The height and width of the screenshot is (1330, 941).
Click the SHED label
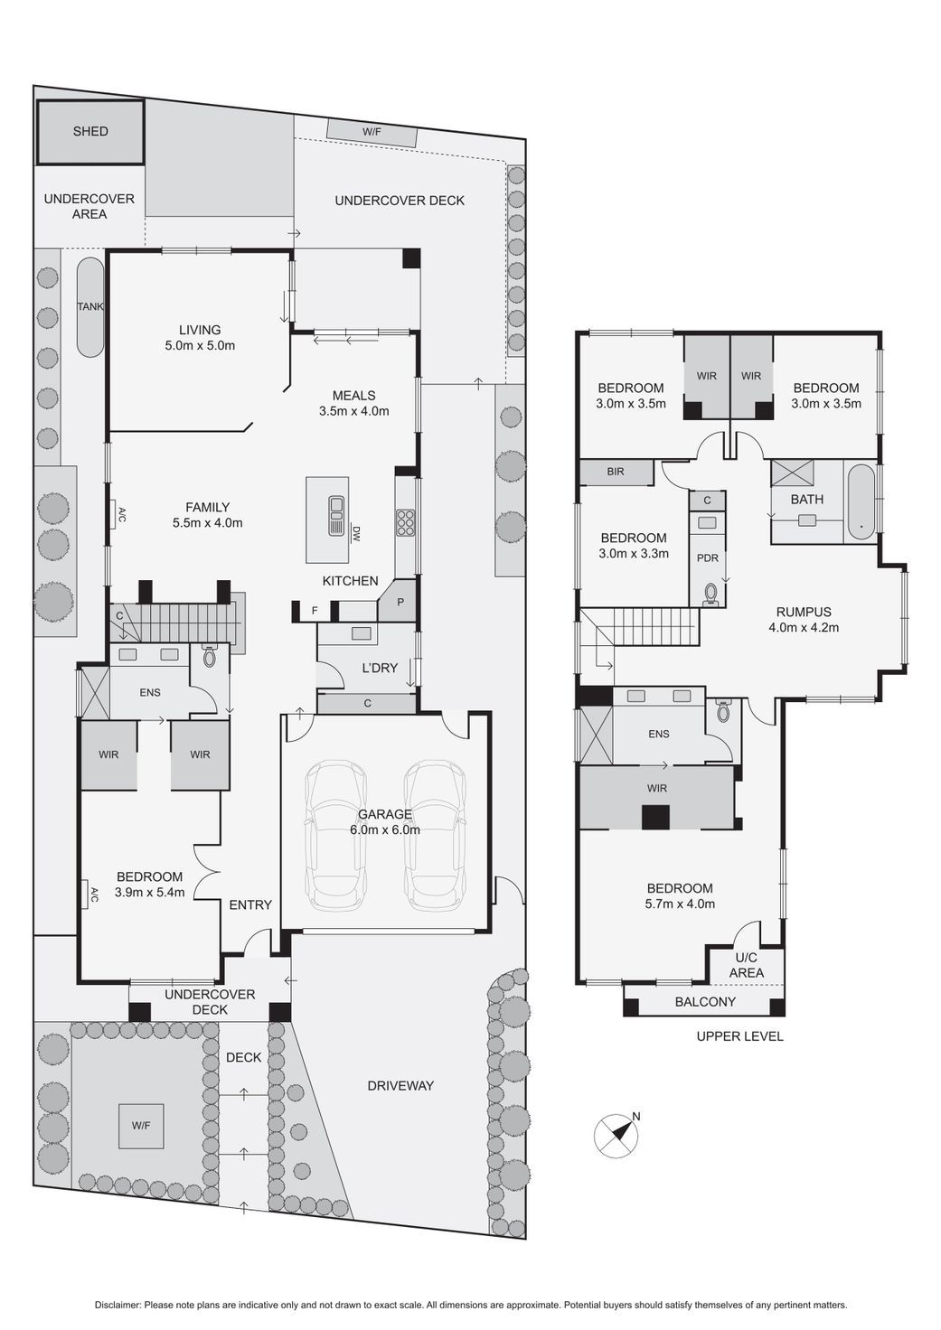coord(90,131)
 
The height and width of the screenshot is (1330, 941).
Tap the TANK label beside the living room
coord(90,307)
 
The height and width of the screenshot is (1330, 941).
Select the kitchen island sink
coord(336,515)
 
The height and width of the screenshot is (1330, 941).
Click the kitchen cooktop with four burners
coord(406,523)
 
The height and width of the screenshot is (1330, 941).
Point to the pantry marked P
coord(399,601)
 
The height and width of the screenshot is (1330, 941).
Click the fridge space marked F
coord(315,611)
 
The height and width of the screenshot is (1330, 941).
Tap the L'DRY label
coord(380,668)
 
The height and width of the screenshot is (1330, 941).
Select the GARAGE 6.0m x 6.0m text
coord(385,821)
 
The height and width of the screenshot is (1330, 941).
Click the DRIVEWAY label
coord(400,1086)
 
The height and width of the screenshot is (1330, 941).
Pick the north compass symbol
coord(616,1135)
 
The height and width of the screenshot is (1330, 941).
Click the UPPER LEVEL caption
coord(739,1036)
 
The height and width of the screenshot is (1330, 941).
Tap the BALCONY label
coord(705,1002)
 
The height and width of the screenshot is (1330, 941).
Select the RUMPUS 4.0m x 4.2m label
coord(804,619)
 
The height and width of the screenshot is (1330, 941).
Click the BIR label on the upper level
coord(616,472)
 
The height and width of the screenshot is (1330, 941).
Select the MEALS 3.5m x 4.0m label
coord(354,403)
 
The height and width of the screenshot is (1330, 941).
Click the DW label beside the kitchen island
coord(356,533)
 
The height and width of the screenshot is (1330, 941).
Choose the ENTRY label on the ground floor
coord(250,904)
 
